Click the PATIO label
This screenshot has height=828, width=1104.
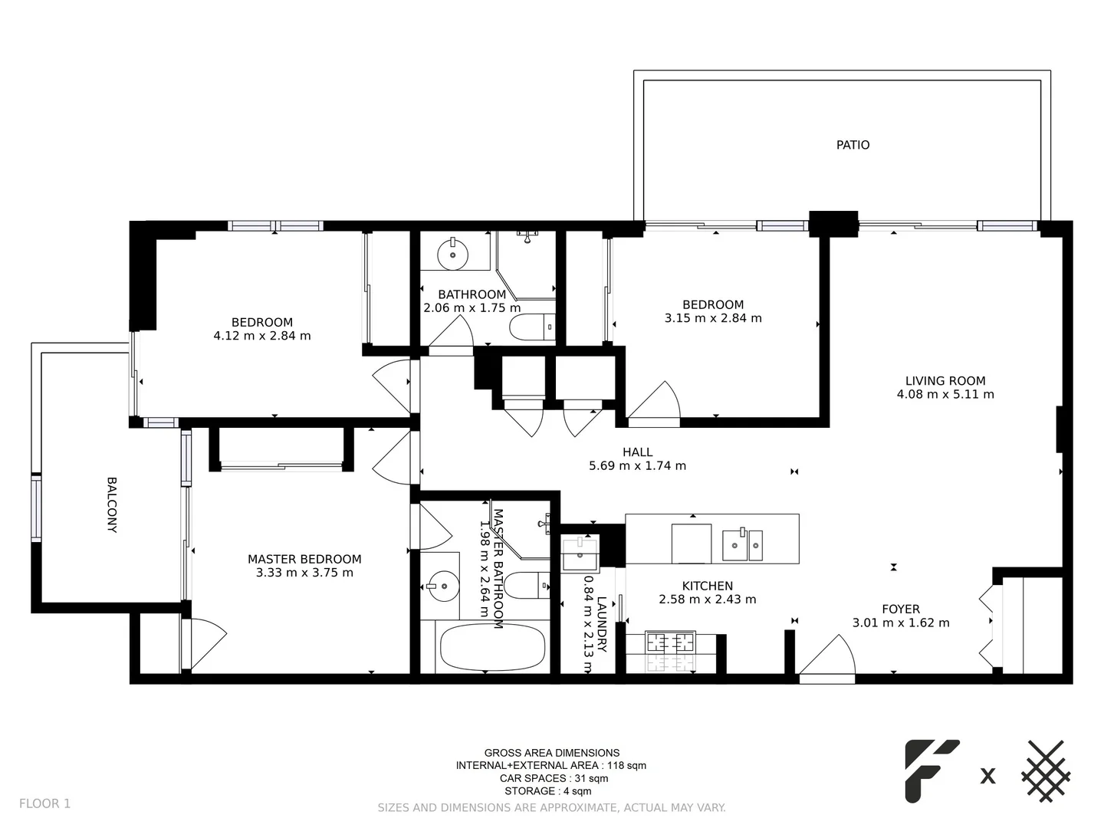point(853,145)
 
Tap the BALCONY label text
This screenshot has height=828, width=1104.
point(112,505)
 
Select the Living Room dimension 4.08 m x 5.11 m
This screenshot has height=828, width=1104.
point(945,394)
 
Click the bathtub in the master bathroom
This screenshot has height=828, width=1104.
point(492,647)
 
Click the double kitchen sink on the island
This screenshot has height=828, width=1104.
point(742,544)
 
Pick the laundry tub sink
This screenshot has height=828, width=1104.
point(580,554)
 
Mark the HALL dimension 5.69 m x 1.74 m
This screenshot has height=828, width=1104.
point(637,465)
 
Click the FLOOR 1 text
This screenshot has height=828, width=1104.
point(44,803)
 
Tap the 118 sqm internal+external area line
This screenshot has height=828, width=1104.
point(551,765)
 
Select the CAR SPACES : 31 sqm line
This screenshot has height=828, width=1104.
point(551,778)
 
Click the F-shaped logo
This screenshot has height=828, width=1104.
point(930,770)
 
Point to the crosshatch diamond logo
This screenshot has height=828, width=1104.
point(1046,771)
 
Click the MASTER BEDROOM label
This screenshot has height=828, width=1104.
point(304,559)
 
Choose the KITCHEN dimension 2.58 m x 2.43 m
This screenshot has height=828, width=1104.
point(707,600)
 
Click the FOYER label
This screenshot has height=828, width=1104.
point(901,609)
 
